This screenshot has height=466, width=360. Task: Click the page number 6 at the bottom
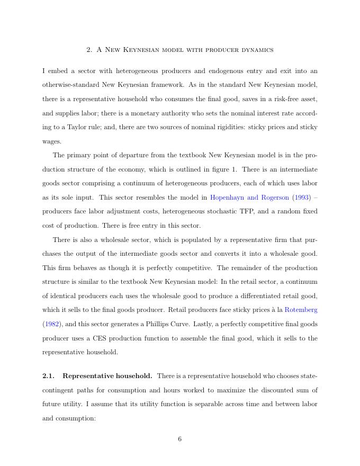(x=180, y=438)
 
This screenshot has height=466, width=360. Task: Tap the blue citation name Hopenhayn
(x=229, y=198)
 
